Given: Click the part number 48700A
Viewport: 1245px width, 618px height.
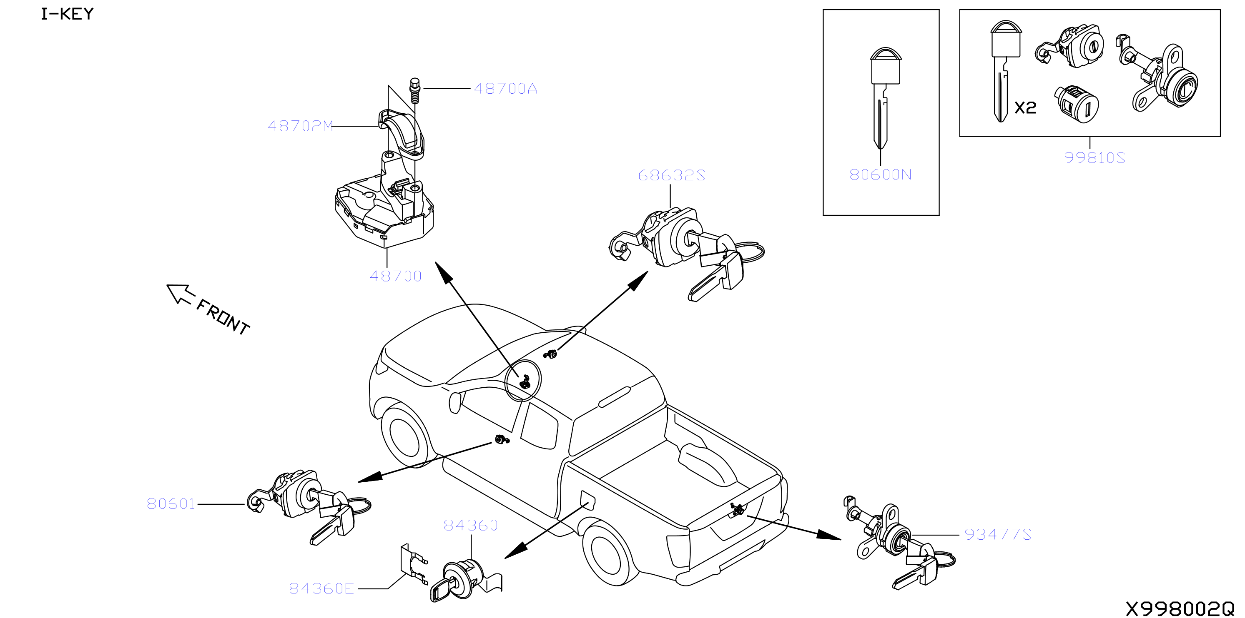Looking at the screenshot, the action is [505, 89].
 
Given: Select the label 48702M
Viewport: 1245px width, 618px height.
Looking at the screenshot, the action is [300, 126].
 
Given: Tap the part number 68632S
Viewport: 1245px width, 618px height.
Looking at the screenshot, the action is [671, 175].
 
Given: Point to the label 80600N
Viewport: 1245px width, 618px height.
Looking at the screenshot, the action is [880, 174].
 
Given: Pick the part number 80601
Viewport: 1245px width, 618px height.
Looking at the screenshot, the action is [171, 503].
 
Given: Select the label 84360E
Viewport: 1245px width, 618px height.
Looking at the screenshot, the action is [321, 588].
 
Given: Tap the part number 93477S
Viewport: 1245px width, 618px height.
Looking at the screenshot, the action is [998, 534].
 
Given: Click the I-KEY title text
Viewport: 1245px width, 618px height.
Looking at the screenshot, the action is [67, 14].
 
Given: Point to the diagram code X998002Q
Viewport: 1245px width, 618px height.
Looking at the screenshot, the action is [1180, 609].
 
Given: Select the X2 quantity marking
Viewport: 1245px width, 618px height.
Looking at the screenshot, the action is [1025, 107].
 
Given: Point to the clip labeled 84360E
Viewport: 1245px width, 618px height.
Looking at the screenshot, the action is [414, 564].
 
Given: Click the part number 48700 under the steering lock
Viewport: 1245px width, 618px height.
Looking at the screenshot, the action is [395, 276].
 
